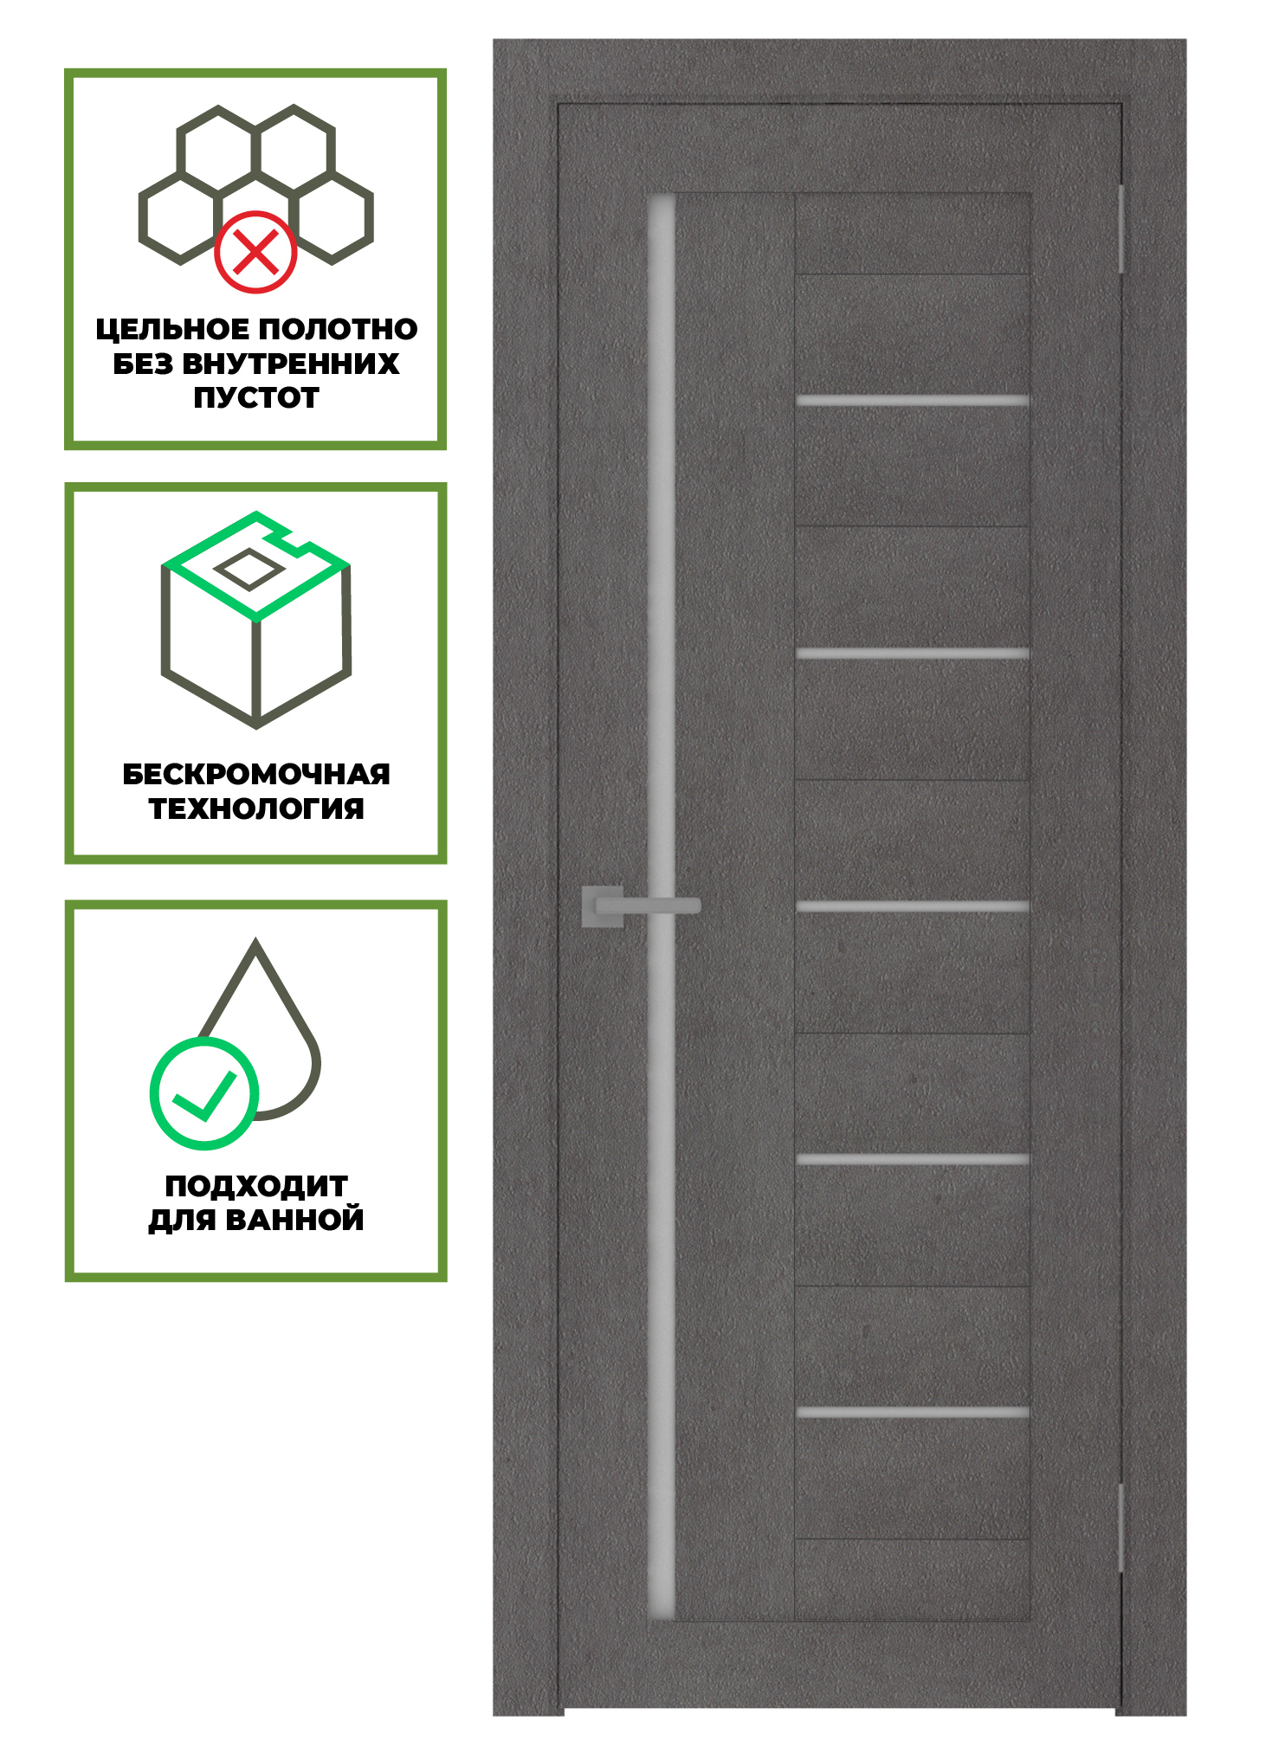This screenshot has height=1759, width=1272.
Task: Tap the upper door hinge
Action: coord(1120,229)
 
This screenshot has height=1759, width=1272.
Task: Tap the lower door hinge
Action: coord(1120,1528)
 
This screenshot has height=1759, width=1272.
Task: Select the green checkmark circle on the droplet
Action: coord(204,1093)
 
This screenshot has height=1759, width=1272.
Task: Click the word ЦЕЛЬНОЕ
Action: coord(172,329)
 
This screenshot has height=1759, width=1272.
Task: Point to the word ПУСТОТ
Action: coord(256,397)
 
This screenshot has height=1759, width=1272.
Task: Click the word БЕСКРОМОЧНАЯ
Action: coord(256,774)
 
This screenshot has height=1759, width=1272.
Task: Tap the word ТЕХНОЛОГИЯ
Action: coord(256,809)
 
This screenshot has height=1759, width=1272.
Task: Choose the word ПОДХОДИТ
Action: coord(256,1186)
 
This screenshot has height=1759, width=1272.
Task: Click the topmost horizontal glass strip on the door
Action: coord(913,401)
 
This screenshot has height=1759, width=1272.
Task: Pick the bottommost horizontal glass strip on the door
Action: coord(913,1413)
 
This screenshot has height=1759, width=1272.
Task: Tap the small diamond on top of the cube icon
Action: coord(249,570)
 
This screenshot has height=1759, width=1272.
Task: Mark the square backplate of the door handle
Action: coord(603,906)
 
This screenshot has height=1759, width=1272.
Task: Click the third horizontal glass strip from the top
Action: coord(913,906)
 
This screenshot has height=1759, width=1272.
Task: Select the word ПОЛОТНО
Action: coord(338,329)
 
